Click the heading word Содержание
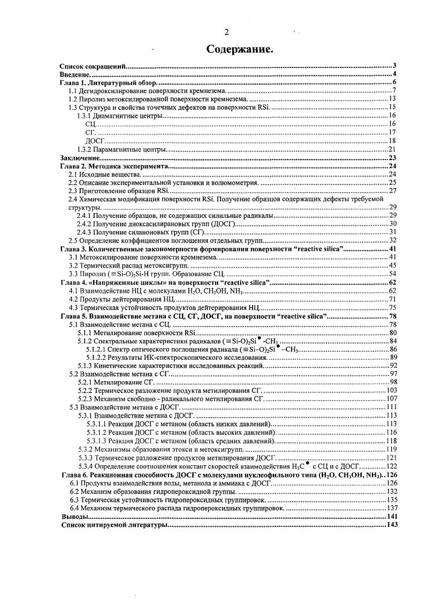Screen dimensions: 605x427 click(240, 49)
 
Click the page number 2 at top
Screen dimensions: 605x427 click(226, 32)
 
